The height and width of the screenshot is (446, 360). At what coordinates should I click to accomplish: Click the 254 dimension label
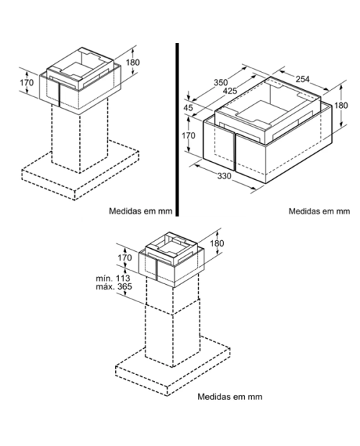(302, 79)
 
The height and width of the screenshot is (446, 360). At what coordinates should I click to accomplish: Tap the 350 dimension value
(221, 82)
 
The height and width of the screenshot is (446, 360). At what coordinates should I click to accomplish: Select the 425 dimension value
(230, 91)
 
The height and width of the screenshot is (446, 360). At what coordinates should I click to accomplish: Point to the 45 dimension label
(188, 108)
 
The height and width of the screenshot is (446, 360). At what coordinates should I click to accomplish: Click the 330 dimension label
(224, 176)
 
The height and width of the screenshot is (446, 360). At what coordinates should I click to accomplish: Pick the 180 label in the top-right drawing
(341, 106)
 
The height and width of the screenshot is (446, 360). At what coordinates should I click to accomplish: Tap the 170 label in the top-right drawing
(189, 136)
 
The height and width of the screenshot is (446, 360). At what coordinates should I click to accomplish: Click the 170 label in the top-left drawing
(27, 83)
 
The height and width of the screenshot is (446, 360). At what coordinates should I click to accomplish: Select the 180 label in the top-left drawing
(133, 62)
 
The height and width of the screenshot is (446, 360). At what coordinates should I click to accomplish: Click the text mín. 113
(113, 278)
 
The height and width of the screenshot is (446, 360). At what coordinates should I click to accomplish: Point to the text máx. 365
(114, 286)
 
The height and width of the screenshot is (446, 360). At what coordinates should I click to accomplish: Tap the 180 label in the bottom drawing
(217, 243)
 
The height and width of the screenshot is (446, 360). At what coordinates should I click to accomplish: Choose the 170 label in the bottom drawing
(125, 258)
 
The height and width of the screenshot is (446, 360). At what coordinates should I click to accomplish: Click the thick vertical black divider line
(177, 129)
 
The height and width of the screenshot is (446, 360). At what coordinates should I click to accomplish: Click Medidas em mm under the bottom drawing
(230, 396)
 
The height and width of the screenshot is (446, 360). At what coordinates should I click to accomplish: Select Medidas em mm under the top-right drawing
(319, 211)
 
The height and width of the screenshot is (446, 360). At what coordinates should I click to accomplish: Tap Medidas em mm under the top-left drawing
(140, 211)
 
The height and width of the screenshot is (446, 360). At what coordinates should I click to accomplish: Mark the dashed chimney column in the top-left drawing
(80, 137)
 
